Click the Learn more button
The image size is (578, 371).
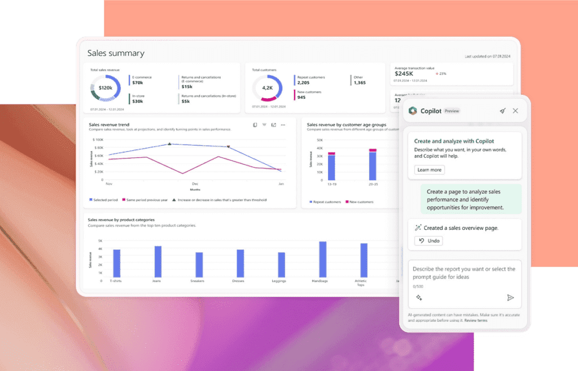tap(430, 169)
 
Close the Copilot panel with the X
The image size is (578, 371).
tap(515, 111)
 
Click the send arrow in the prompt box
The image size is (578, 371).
tap(510, 298)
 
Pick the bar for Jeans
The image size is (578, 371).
tap(158, 261)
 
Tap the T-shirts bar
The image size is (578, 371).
tap(117, 263)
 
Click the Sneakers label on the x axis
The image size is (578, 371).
tap(199, 281)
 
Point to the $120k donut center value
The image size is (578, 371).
tap(105, 88)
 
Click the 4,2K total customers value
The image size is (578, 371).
tap(267, 88)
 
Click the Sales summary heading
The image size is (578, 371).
tap(116, 53)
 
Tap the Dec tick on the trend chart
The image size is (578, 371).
tap(195, 184)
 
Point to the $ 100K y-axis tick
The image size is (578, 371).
tap(97, 139)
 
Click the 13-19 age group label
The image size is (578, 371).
tap(331, 184)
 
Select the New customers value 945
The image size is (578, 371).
tap(301, 97)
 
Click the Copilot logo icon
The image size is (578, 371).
tap(413, 111)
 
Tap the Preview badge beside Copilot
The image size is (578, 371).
tap(452, 111)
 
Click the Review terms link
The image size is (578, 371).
tap(476, 320)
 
